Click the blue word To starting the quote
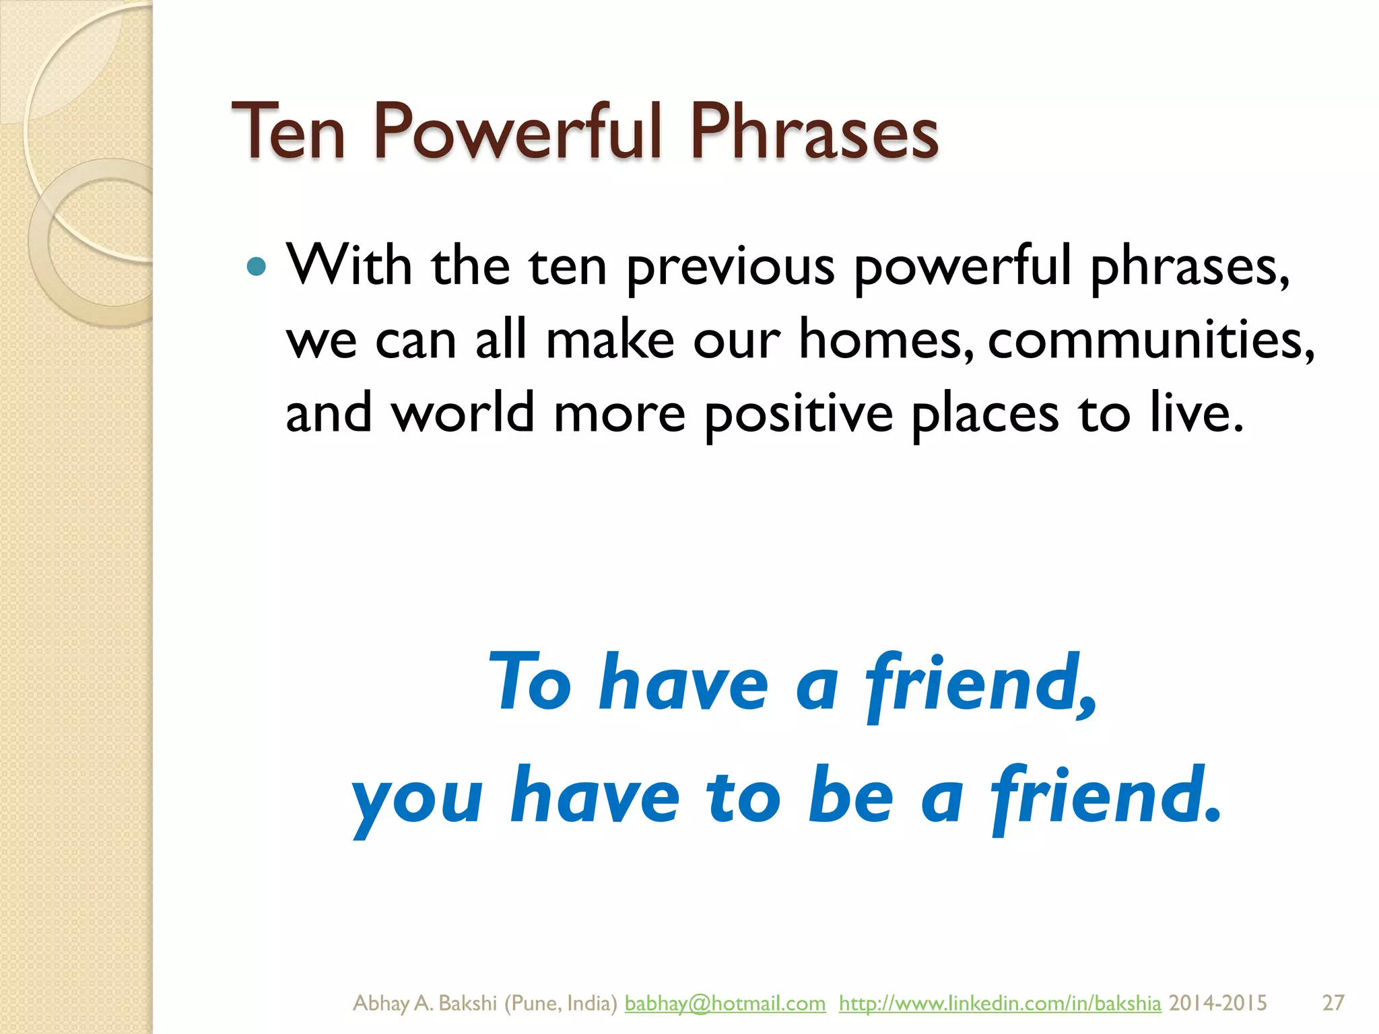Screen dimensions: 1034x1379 click(x=530, y=683)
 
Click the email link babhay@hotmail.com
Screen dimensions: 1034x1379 click(x=725, y=1003)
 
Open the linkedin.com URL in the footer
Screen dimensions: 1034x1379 click(x=999, y=1003)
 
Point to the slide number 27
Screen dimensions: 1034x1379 click(x=1333, y=1003)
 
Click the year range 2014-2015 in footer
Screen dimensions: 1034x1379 click(x=1217, y=1003)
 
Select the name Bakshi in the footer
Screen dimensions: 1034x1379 click(x=467, y=1003)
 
